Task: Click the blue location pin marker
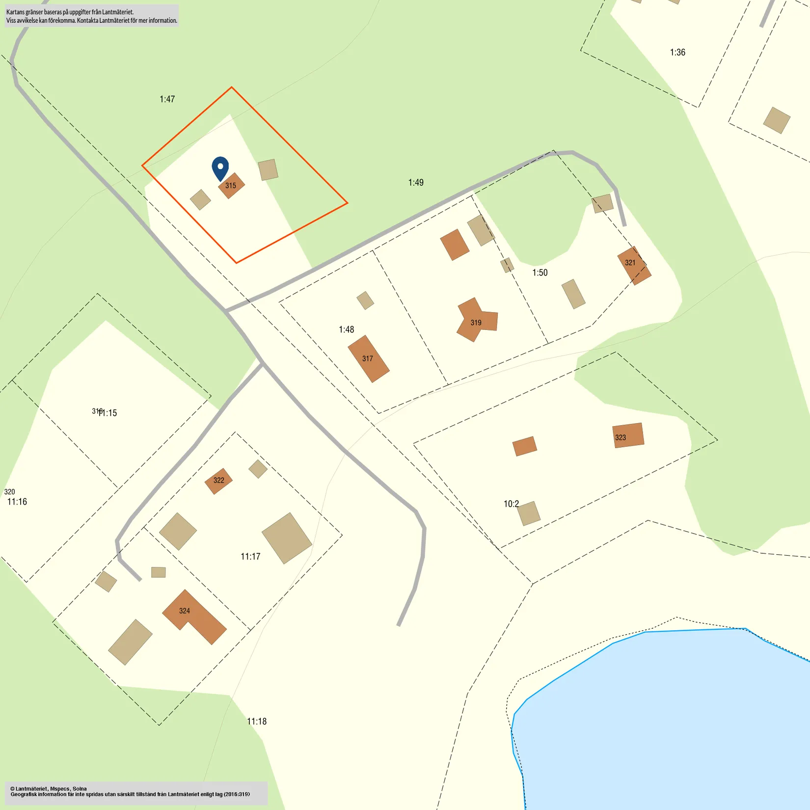pos(220,167)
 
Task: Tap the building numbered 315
pos(231,186)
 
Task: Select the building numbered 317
pos(368,359)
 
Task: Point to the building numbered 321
pos(633,265)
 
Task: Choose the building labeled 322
pos(218,481)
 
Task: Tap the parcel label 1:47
pos(167,99)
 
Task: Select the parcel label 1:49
pos(416,183)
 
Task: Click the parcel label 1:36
pos(677,53)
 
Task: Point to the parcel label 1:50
pos(540,273)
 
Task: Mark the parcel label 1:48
pos(346,330)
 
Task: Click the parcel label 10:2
pos(511,504)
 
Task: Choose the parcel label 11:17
pos(250,557)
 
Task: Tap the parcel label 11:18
pos(257,722)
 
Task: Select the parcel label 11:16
pos(17,502)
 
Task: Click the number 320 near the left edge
pos(9,492)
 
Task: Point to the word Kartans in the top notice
pos(15,12)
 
